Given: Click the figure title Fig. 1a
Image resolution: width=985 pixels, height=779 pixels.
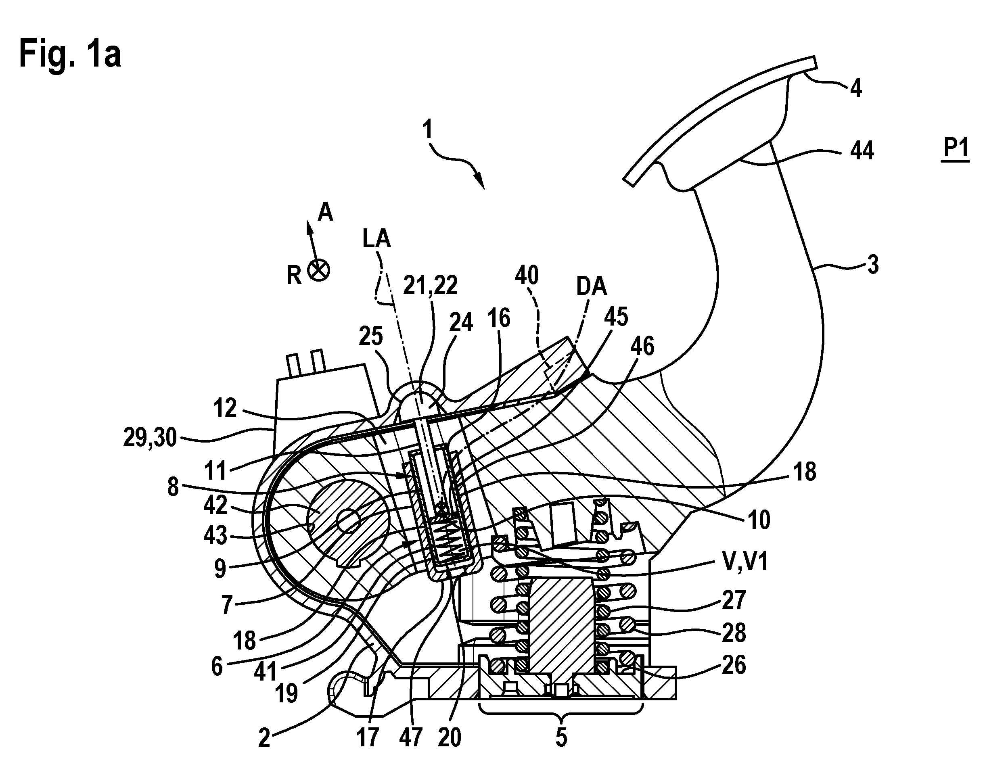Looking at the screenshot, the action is [70, 54].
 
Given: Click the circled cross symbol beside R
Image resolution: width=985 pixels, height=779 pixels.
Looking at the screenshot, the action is [318, 270].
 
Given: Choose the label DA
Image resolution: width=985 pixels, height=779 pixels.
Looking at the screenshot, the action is [591, 286].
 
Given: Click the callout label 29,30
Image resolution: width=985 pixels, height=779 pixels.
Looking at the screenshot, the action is [150, 438].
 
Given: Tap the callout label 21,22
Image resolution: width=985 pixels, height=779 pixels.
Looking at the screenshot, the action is [430, 286].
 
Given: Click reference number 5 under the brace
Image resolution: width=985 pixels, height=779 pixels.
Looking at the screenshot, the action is [561, 737].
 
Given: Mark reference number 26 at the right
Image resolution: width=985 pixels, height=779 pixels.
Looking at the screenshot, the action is [734, 665].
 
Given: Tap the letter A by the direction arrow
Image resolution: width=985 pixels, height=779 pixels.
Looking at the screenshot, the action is [325, 213].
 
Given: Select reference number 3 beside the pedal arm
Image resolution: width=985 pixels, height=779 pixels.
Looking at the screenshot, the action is [872, 265].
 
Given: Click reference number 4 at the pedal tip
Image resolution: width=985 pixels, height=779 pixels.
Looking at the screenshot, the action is [855, 88].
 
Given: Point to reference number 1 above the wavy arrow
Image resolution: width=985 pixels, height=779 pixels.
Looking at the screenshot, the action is [427, 129].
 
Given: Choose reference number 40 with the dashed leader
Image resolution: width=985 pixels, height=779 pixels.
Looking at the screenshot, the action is [527, 276].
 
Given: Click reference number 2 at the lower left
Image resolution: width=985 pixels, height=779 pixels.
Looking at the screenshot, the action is [264, 737].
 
